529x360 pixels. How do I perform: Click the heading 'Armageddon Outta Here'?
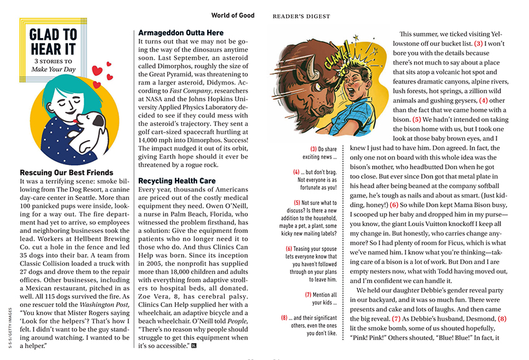coord(180,32)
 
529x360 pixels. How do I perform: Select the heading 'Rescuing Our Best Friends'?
coord(67,172)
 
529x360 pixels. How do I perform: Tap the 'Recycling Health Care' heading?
coord(177,181)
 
